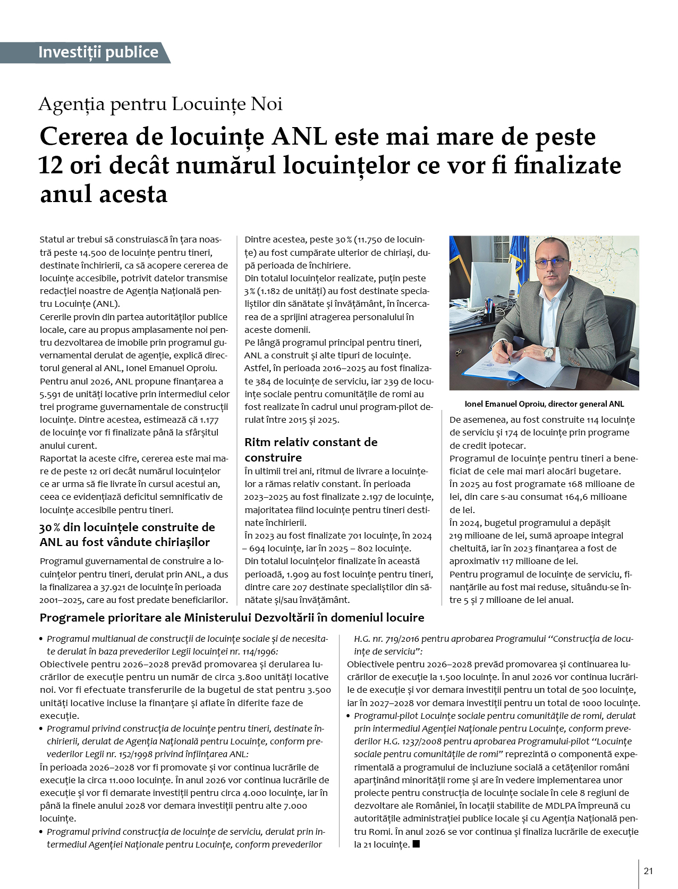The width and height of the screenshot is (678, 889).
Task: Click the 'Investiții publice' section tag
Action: tap(98, 52)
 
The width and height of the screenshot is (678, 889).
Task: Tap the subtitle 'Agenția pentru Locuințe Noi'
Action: tap(160, 104)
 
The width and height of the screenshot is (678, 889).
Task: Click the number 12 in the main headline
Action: tap(51, 165)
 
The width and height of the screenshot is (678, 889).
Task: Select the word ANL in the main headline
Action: tap(299, 137)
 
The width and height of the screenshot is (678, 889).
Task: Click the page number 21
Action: tap(648, 871)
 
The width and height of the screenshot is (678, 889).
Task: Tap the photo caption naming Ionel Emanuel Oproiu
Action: tap(544, 404)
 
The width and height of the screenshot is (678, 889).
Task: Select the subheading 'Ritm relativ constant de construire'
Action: tap(311, 449)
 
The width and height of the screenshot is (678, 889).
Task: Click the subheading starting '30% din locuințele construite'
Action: tap(127, 534)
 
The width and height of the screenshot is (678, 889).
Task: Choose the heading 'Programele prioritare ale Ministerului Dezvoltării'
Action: tap(232, 617)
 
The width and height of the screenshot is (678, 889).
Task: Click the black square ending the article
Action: tap(416, 844)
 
